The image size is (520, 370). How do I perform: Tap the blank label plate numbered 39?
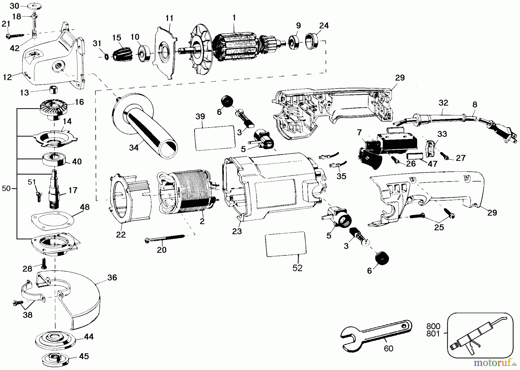(x=214, y=138)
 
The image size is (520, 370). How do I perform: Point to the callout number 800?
(x=434, y=326)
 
